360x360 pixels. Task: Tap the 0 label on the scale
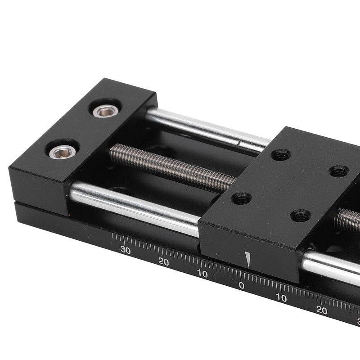[x=242, y=286]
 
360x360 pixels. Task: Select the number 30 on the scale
[x=126, y=251]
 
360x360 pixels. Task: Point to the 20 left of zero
[x=163, y=262]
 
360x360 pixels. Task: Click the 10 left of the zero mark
[x=202, y=274]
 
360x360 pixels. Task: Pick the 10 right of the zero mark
[x=281, y=298]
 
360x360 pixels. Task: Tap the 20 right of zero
[x=321, y=310]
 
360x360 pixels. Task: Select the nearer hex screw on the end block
[x=63, y=152]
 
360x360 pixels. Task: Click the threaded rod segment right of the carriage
[x=349, y=220]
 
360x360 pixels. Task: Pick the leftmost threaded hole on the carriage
[x=241, y=198]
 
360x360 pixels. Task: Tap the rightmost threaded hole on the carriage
[x=339, y=171]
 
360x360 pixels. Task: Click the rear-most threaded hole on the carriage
[x=280, y=155]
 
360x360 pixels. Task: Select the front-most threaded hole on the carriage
[x=300, y=216]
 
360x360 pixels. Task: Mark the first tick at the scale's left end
[x=112, y=237]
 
